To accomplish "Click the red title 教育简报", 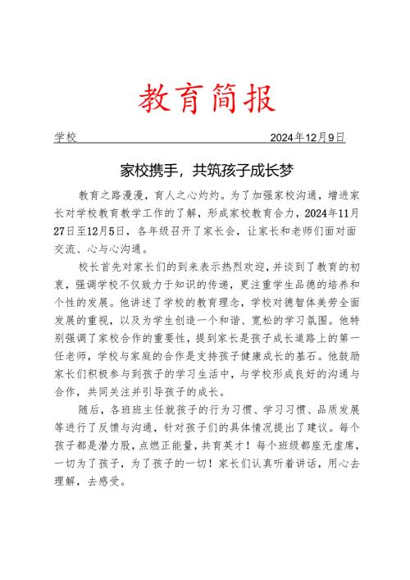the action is (205, 99).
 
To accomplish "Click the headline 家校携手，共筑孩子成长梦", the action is (205, 171).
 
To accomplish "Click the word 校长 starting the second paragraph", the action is (89, 268).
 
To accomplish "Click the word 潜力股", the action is (132, 446).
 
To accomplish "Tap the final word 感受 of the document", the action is (112, 482).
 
